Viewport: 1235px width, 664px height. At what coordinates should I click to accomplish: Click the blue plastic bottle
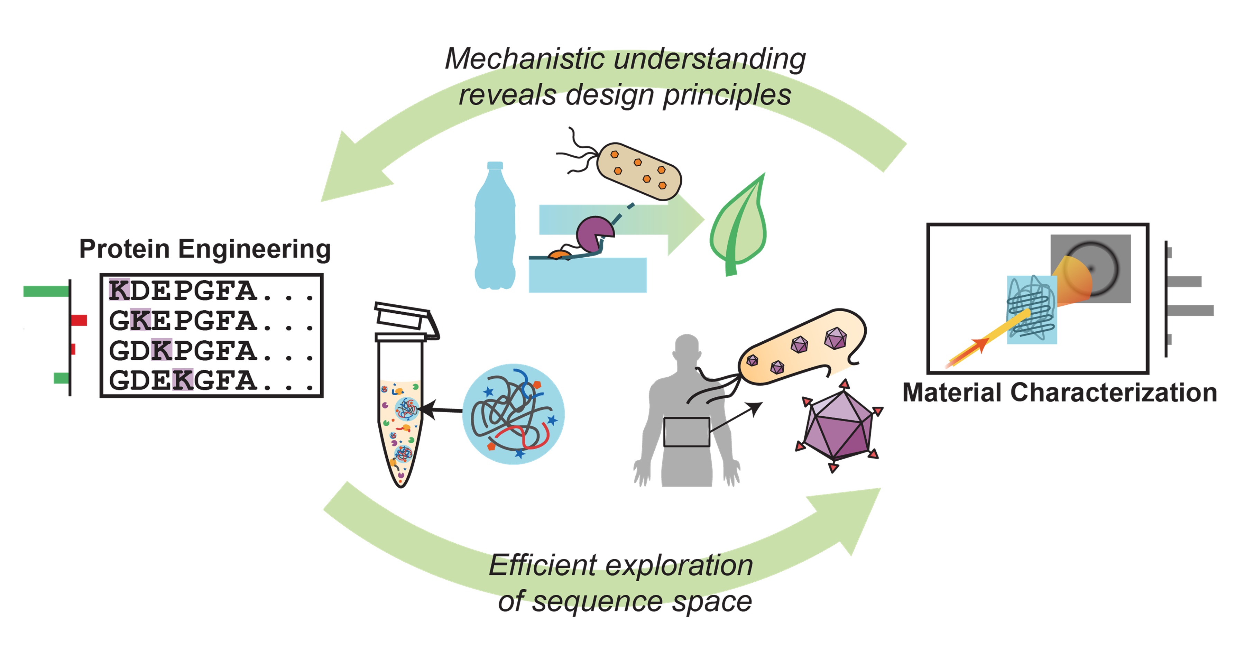click(x=495, y=230)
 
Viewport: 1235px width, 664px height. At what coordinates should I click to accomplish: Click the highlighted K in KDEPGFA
click(x=119, y=290)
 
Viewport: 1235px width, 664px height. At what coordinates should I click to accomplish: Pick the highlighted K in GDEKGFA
click(x=183, y=380)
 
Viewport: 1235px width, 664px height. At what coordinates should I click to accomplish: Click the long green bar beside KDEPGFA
click(x=46, y=291)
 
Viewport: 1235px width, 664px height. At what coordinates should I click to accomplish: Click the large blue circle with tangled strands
click(x=513, y=414)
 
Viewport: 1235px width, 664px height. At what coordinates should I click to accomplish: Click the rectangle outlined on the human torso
click(x=686, y=432)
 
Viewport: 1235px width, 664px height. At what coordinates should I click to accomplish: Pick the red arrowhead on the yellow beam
click(x=979, y=343)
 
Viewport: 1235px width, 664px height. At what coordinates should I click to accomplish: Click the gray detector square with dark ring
click(x=1091, y=268)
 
